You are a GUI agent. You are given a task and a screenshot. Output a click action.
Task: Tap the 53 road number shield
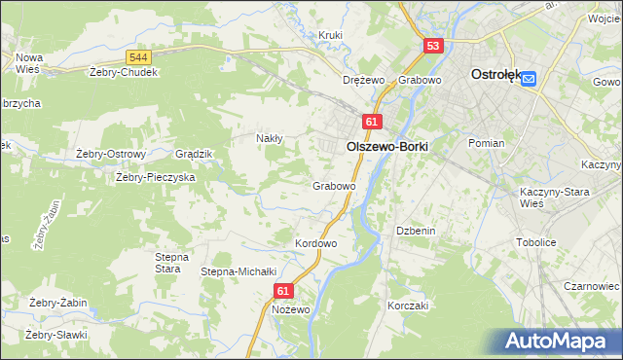434,46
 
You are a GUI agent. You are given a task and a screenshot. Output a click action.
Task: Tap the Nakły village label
269,138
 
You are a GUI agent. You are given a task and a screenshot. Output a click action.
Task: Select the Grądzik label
193,155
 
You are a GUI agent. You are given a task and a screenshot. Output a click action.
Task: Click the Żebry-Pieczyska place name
156,177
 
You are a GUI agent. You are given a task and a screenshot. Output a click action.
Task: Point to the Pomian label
486,143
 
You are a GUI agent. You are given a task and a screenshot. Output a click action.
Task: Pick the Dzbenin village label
415,231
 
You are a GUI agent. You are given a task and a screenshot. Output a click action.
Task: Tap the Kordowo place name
315,242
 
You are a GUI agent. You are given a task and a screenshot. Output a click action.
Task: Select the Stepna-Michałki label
239,271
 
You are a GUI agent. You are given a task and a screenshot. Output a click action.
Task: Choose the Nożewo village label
291,309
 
